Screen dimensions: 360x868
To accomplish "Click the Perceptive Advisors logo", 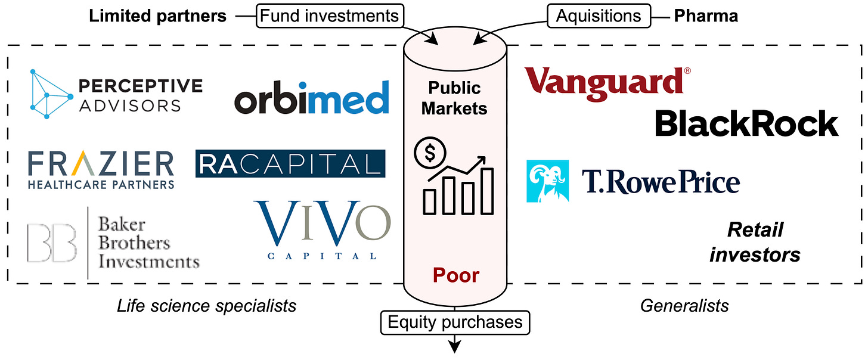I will [116, 95].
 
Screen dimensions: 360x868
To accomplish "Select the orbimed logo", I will [311, 98].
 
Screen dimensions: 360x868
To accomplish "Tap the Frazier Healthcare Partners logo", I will [101, 169].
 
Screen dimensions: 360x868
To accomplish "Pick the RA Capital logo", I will [290, 164].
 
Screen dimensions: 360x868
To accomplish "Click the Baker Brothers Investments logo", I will [113, 243].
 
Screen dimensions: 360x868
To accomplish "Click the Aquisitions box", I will [598, 15].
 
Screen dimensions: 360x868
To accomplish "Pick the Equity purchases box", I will [455, 322].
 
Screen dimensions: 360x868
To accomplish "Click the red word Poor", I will [456, 275].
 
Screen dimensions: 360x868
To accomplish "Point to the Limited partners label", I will [157, 16].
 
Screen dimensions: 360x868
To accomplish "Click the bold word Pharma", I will [706, 16].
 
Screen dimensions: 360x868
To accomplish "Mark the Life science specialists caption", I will [207, 306].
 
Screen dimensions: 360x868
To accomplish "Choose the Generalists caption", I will [684, 306].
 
